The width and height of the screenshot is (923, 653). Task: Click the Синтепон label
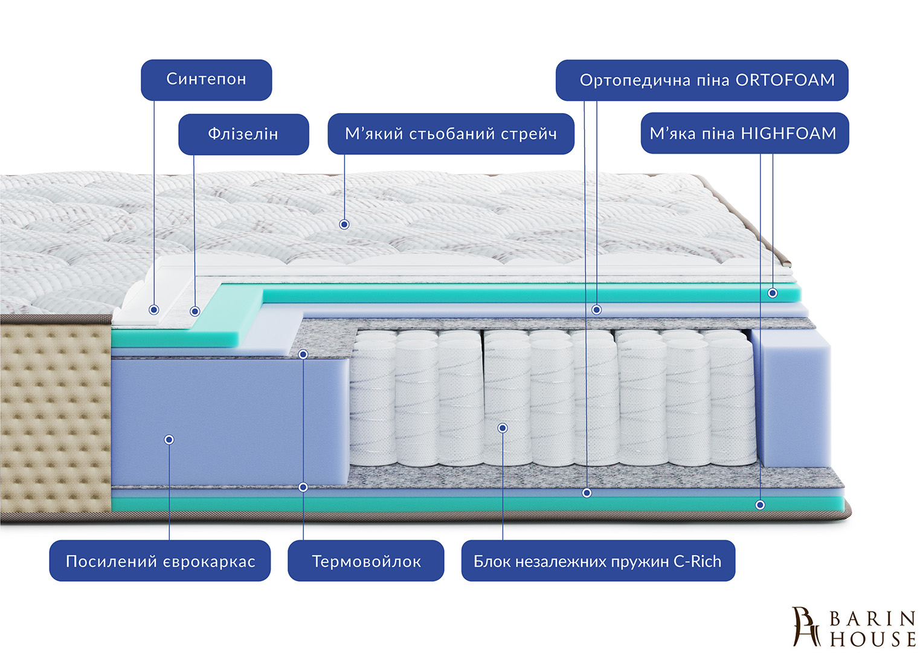(206, 79)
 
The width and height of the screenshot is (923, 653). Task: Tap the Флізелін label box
(243, 134)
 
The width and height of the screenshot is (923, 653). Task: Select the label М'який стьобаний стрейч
(451, 134)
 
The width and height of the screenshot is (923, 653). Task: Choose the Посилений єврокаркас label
(160, 561)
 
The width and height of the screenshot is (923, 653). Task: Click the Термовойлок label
(366, 561)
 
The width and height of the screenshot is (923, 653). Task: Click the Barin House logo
(854, 628)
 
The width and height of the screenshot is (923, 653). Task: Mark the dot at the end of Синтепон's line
(154, 310)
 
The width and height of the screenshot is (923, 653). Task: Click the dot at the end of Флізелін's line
(195, 311)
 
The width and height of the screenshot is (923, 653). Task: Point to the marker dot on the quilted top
(344, 224)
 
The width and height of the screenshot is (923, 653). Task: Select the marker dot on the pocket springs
(503, 428)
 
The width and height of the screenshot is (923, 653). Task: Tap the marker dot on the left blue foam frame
(169, 440)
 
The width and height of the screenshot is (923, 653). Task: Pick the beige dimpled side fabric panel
(54, 417)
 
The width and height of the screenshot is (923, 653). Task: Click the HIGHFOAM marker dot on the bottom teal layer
(760, 505)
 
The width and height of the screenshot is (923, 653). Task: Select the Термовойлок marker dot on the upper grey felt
(303, 354)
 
